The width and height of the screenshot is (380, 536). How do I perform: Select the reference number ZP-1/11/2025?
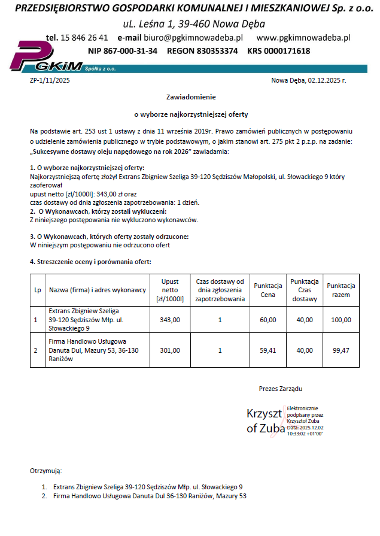click(50, 80)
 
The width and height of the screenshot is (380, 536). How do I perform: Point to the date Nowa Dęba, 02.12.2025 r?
click(308, 80)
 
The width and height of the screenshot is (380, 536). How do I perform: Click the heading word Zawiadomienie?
click(190, 96)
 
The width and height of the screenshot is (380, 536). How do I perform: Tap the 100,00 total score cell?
click(341, 320)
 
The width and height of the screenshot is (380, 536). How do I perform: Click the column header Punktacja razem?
click(341, 290)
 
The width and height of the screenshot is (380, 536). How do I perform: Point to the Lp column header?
click(38, 290)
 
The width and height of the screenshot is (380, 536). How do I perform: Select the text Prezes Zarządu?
click(281, 389)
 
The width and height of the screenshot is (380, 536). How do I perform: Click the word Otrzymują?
click(45, 471)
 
